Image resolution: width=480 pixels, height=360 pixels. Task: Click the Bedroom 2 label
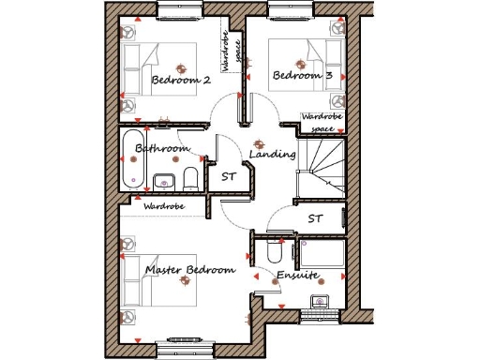[x=180, y=81]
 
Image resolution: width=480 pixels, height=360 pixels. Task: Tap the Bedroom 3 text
[x=302, y=75]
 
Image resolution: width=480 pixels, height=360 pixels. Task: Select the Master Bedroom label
[x=189, y=270]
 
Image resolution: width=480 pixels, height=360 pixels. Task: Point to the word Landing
[x=273, y=154]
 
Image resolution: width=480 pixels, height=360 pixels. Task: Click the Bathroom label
[x=161, y=148]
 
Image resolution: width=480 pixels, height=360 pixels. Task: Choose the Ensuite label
[x=297, y=276]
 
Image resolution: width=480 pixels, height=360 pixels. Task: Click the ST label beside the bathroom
[x=228, y=175]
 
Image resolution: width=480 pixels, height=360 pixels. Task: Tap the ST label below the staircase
[x=316, y=217]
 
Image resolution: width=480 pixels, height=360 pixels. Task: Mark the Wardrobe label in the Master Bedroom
[x=164, y=205]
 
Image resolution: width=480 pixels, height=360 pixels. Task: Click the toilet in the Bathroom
[x=191, y=177]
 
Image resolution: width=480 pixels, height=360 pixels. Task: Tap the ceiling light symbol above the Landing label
[x=259, y=143]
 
